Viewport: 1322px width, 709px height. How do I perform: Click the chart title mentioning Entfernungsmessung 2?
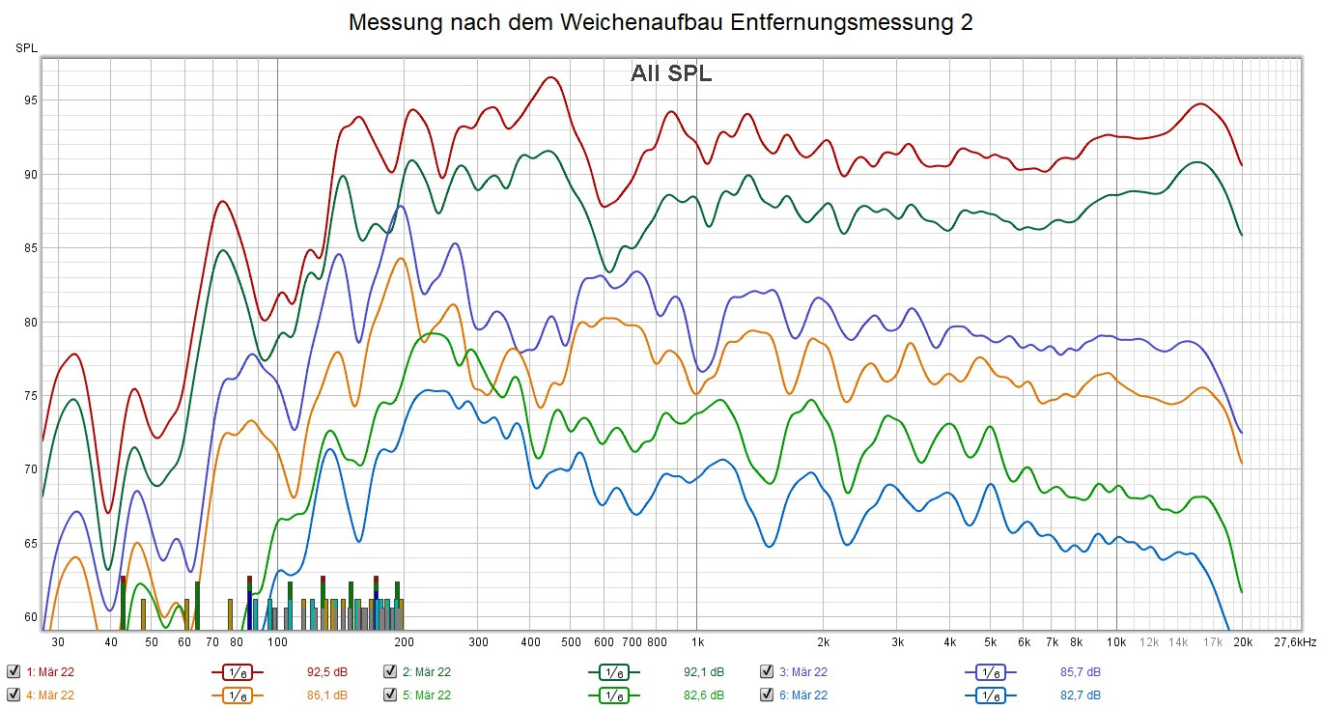[661, 23]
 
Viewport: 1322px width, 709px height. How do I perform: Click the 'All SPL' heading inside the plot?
[671, 73]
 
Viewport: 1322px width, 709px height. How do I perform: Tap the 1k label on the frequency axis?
[697, 641]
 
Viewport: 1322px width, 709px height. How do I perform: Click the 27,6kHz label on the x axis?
[1295, 641]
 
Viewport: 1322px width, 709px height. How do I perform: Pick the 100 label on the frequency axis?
[277, 641]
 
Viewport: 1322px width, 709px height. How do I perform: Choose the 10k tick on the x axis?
[1117, 641]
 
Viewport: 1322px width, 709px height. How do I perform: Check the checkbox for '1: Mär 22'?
[13, 671]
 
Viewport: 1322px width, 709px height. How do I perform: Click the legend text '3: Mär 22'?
[803, 671]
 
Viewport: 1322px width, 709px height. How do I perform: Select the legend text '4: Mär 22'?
[50, 695]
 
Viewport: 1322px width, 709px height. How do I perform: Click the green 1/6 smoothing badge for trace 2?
[613, 671]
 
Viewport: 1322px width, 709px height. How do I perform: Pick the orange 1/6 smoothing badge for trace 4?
[237, 695]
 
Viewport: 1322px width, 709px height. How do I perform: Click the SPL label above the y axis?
[25, 47]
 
